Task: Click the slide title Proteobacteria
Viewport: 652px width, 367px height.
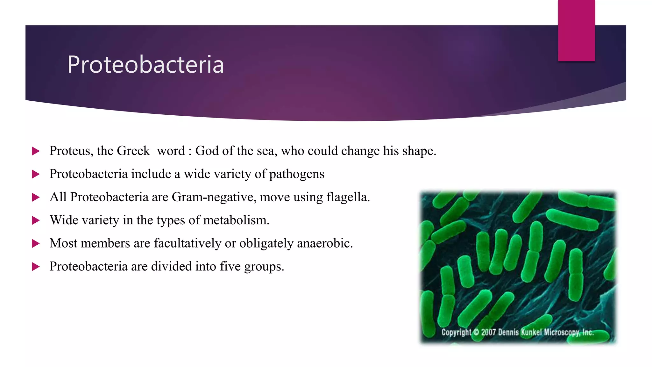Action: pyautogui.click(x=145, y=65)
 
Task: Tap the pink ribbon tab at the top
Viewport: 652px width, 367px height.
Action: pyautogui.click(x=576, y=30)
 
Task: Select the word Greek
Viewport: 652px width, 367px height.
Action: pyautogui.click(x=133, y=151)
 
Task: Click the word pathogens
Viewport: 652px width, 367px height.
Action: pyautogui.click(x=297, y=174)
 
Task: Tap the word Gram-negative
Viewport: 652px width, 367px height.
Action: pyautogui.click(x=214, y=197)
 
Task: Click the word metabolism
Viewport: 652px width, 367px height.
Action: pyautogui.click(x=236, y=220)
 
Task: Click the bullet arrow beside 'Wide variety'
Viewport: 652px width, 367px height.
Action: pyautogui.click(x=36, y=220)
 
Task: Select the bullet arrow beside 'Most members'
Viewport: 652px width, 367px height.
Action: pyautogui.click(x=36, y=244)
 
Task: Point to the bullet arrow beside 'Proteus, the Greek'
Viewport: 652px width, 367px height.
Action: pyautogui.click(x=36, y=151)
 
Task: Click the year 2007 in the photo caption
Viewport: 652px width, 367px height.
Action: pyautogui.click(x=488, y=332)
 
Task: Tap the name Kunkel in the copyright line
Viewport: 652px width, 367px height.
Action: pyautogui.click(x=531, y=332)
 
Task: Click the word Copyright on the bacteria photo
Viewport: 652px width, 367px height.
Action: pyautogui.click(x=456, y=332)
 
